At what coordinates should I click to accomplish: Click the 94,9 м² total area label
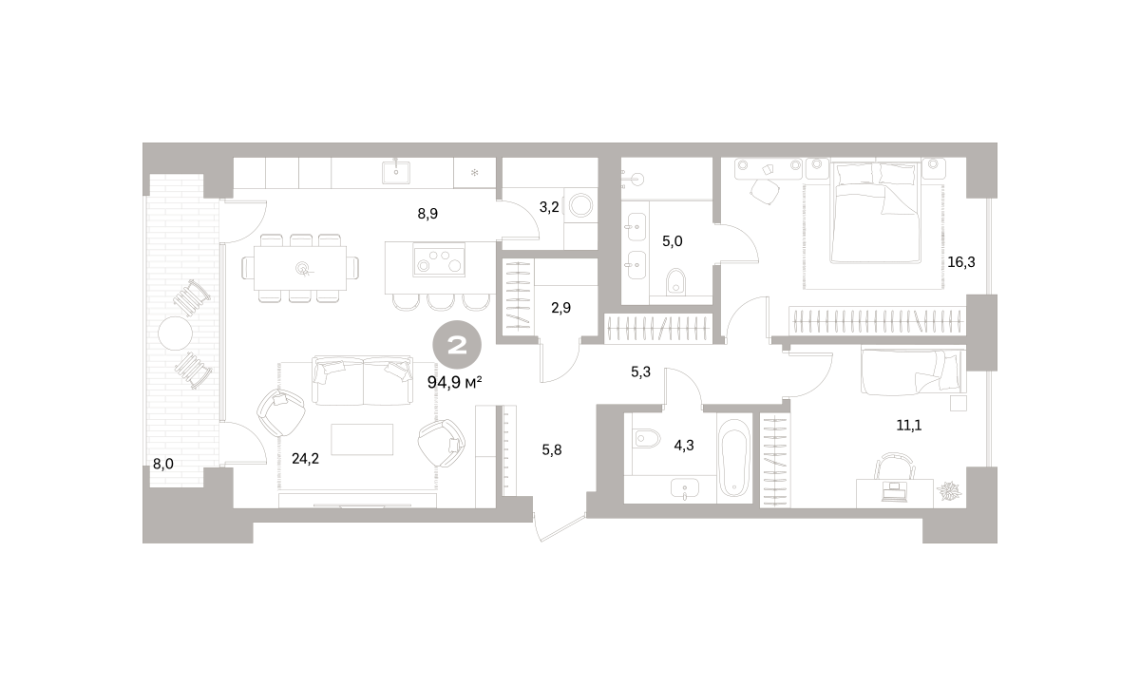[454, 382]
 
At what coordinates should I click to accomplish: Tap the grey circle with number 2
[457, 345]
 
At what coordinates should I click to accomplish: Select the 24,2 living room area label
[305, 459]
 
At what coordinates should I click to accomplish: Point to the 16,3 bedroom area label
[961, 262]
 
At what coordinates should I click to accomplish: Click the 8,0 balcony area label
[163, 464]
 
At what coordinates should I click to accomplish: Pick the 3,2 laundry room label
[549, 207]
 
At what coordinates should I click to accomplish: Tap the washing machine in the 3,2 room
[580, 206]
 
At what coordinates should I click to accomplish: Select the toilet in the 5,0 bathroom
[675, 281]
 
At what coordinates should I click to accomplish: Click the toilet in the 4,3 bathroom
[646, 438]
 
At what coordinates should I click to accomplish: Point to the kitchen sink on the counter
[396, 170]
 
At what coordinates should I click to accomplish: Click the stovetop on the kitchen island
[439, 259]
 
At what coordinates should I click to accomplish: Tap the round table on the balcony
[175, 333]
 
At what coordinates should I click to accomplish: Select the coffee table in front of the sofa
[362, 439]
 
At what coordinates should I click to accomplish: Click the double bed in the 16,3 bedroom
[875, 212]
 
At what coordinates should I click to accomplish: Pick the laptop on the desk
[894, 490]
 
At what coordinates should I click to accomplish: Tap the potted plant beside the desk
[950, 491]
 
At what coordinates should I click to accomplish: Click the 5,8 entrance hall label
[552, 449]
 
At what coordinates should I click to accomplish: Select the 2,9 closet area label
[560, 308]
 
